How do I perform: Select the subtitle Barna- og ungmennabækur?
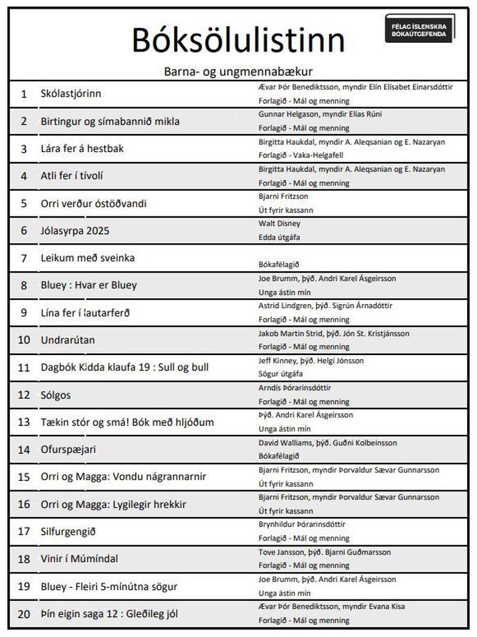238,70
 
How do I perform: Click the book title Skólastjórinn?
71,94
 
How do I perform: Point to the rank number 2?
24,121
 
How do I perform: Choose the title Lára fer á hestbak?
82,149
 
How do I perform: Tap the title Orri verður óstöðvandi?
93,203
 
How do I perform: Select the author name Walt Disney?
279,223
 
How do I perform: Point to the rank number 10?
24,340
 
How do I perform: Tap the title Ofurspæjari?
68,449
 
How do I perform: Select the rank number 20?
24,614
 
